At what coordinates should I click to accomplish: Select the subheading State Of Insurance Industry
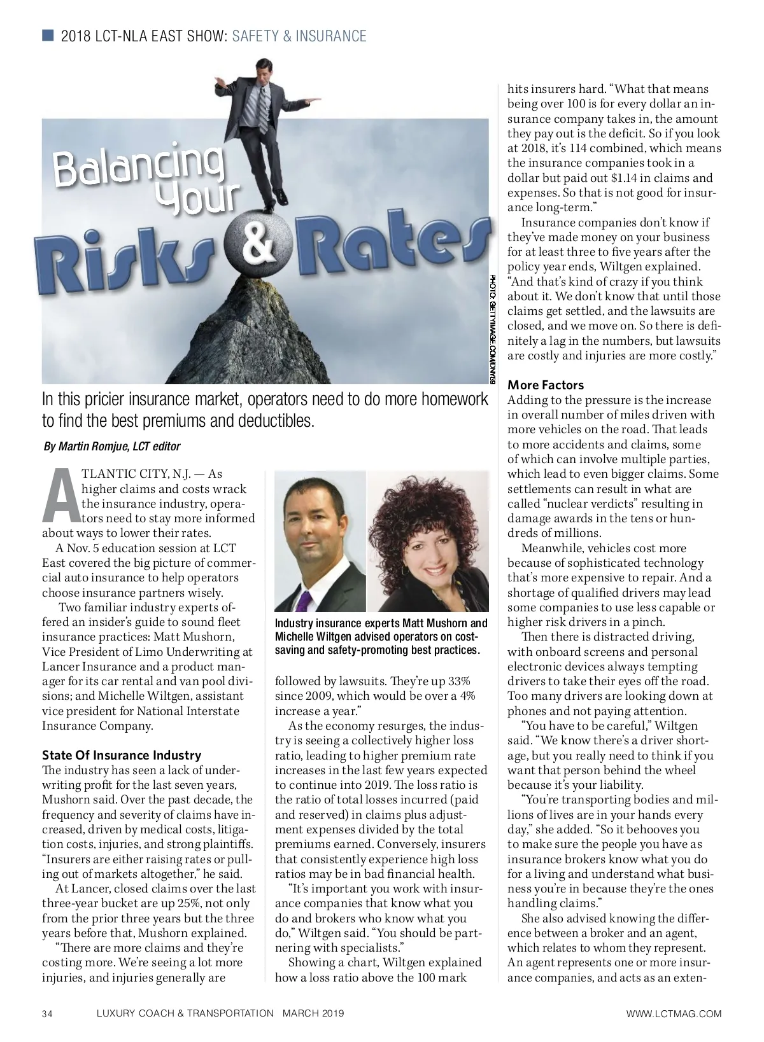pos(121,755)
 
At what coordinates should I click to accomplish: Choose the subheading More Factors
pos(545,385)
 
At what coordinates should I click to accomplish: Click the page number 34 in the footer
pos(48,1013)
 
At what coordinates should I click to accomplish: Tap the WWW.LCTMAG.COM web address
pos(674,1013)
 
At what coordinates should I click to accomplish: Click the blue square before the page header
pos(48,35)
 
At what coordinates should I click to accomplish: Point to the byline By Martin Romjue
pos(111,447)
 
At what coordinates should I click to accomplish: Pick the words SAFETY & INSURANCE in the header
pos(299,36)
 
